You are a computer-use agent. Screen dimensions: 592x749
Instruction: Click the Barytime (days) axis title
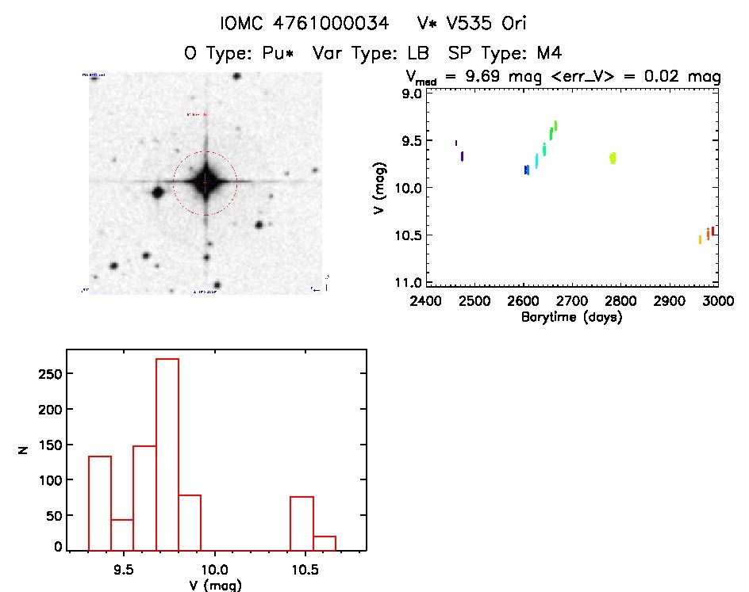tap(571, 317)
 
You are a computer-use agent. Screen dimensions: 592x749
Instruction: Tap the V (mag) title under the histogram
tap(215, 585)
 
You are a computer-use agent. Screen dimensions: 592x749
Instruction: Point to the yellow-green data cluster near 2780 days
tap(613, 158)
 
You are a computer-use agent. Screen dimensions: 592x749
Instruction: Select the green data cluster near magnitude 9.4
tap(553, 129)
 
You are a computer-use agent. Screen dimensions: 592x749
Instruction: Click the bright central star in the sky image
tap(205, 183)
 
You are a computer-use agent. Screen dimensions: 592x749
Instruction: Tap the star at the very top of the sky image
tap(236, 77)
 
